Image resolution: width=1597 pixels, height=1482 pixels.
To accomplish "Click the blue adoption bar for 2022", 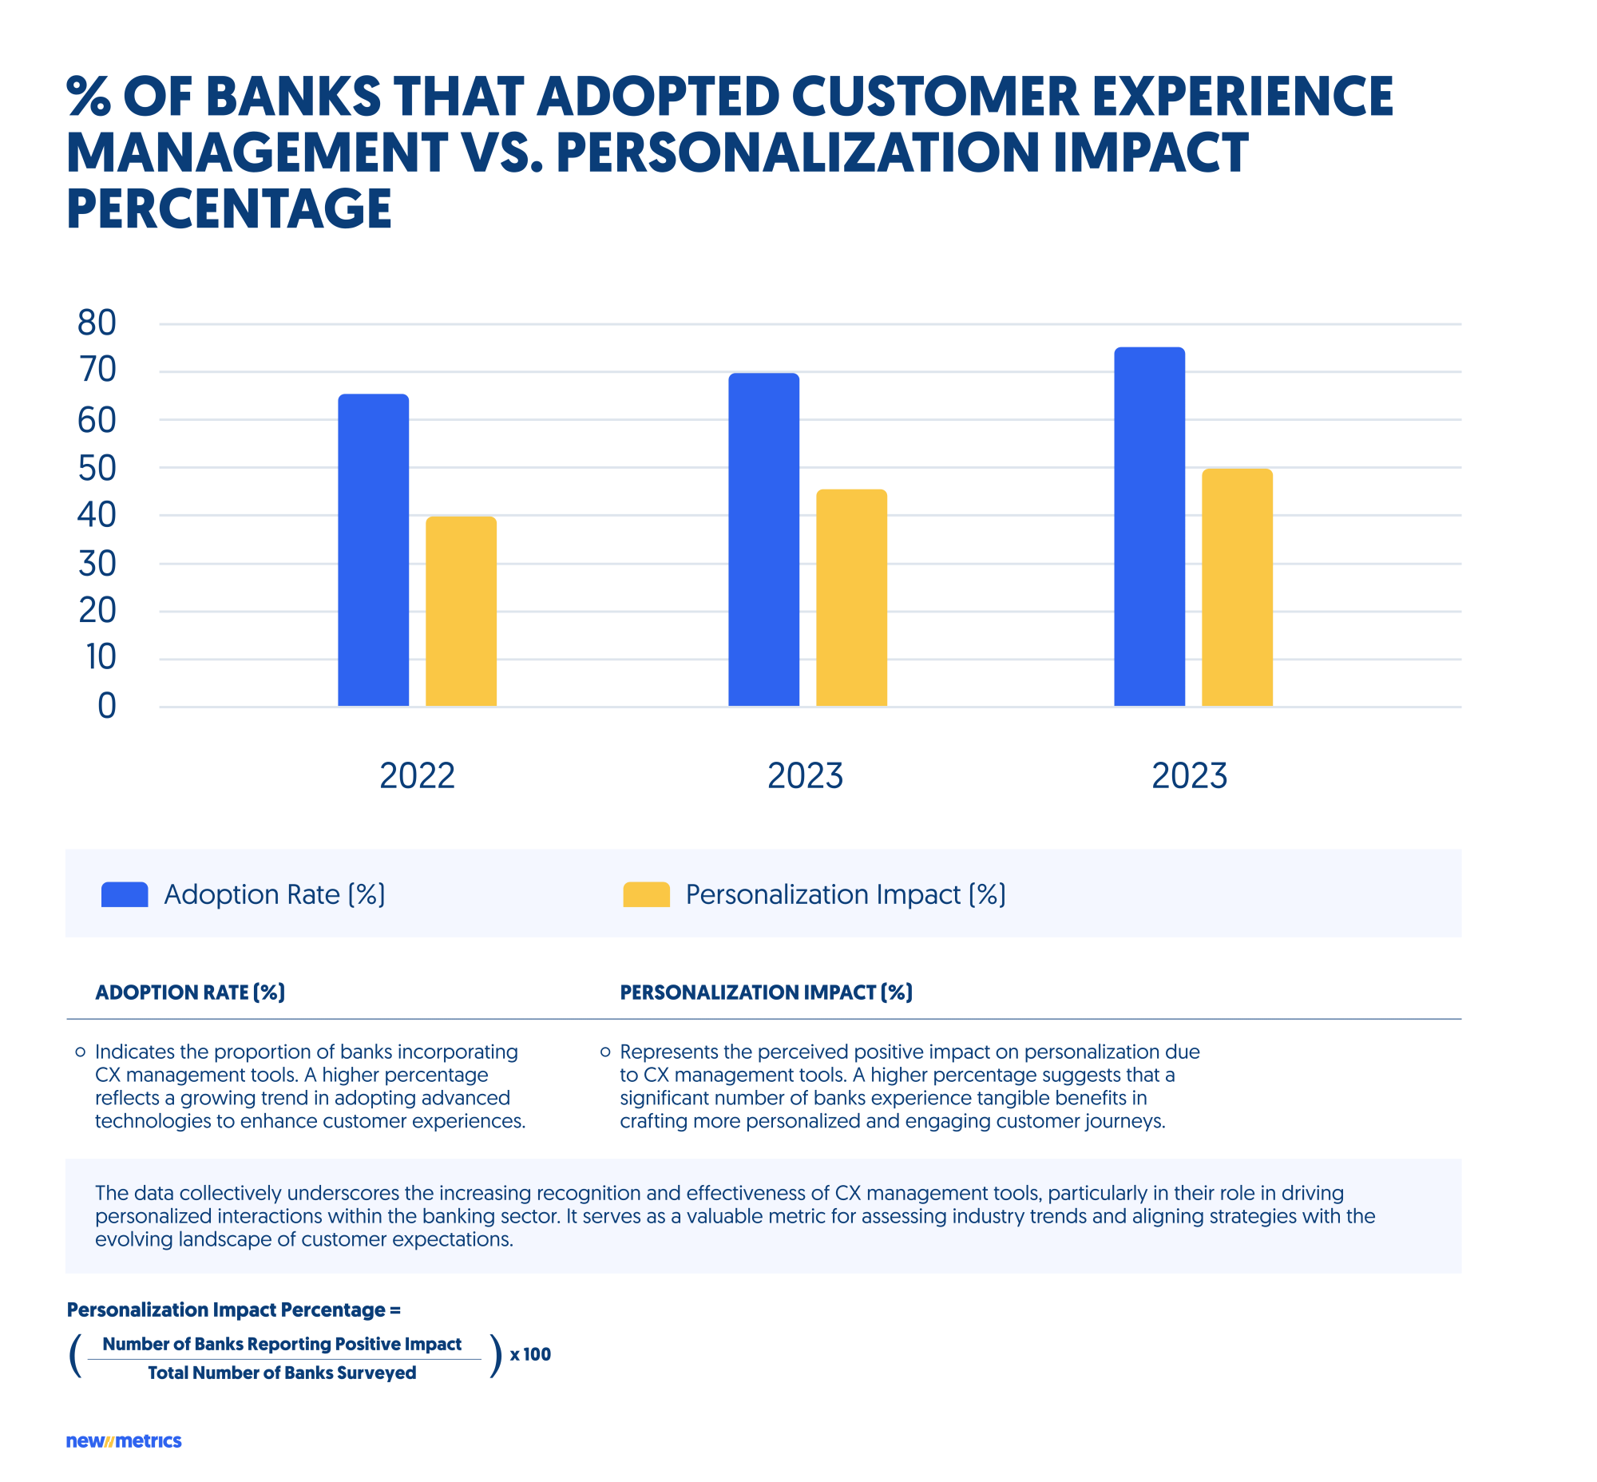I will [x=373, y=550].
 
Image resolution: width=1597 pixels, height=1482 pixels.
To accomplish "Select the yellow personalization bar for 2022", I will [x=461, y=611].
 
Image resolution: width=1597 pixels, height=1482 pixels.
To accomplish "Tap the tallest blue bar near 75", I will [x=1148, y=527].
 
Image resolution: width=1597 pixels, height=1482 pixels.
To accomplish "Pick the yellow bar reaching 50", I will [x=1236, y=588].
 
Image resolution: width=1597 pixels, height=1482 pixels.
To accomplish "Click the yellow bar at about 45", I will [x=851, y=598].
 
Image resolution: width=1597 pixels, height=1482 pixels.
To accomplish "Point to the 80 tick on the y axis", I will [x=97, y=323].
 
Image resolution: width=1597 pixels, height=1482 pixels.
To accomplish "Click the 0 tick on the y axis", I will [x=107, y=707].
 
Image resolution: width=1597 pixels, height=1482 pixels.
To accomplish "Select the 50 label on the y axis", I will [x=97, y=469].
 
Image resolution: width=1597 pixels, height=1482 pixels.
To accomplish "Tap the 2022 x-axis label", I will [x=416, y=776].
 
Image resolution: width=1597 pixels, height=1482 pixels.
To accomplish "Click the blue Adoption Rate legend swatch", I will [x=125, y=894].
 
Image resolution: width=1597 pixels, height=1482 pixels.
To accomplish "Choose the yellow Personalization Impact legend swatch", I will [x=646, y=894].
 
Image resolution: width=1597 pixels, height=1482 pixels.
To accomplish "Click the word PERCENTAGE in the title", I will [x=228, y=210].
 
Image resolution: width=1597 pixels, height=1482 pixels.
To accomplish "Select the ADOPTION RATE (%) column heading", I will [x=190, y=993].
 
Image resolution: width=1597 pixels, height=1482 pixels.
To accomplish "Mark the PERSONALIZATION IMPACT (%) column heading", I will [x=765, y=993].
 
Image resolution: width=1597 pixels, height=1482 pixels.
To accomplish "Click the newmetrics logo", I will [x=124, y=1441].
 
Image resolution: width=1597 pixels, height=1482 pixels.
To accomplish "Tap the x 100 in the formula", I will [x=530, y=1354].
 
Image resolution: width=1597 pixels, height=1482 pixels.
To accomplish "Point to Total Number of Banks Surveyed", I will [x=282, y=1373].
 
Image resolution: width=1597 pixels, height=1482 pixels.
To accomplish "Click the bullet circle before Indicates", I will [x=80, y=1052].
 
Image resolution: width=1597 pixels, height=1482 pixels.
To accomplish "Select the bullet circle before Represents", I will [x=604, y=1052].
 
